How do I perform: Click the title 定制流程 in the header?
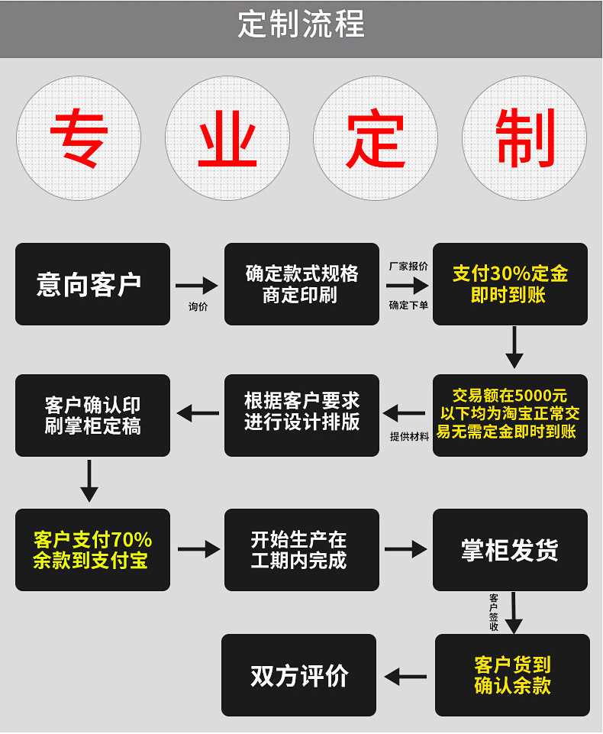tap(301, 25)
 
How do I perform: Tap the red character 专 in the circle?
tap(79, 138)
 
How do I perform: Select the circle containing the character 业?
tap(227, 138)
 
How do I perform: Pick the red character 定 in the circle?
tap(376, 138)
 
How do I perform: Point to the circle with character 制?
tap(524, 138)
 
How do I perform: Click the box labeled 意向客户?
tap(92, 284)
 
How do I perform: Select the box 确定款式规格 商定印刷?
tap(301, 284)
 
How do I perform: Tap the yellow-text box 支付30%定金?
tap(510, 284)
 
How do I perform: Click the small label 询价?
tap(198, 307)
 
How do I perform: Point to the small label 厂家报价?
tap(408, 267)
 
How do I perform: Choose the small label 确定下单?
tap(408, 306)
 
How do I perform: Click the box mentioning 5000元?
tap(510, 415)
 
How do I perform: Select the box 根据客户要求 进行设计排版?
tap(301, 415)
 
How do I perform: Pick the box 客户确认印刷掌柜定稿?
tap(92, 415)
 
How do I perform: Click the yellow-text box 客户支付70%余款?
tap(92, 550)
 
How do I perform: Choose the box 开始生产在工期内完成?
tap(301, 550)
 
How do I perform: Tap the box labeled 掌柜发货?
tap(510, 550)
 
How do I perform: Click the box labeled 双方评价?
tap(298, 675)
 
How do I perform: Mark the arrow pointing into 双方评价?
tap(405, 676)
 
